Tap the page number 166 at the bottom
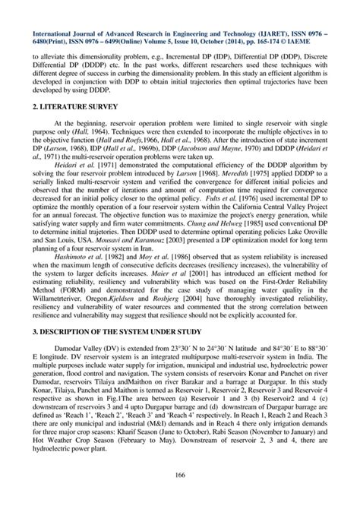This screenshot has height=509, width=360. tap(179, 476)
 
